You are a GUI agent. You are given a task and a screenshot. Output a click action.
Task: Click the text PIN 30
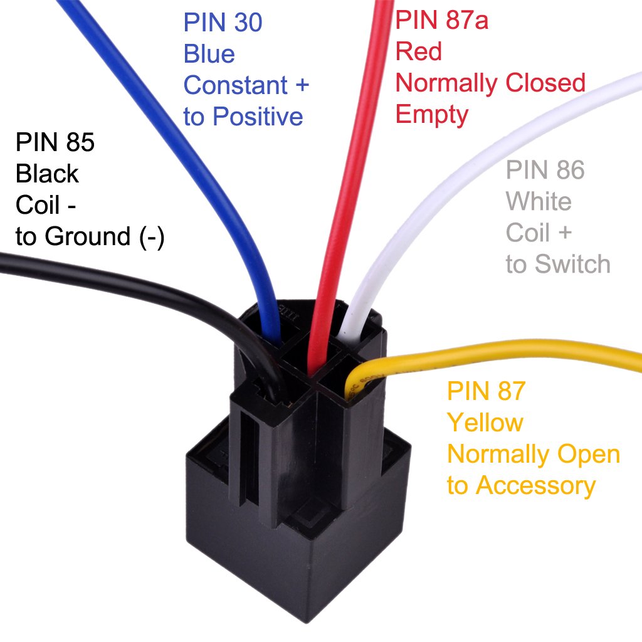coord(223,23)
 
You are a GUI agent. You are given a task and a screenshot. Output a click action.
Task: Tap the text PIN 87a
coord(441,20)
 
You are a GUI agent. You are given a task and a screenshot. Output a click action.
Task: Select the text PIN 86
coord(545,170)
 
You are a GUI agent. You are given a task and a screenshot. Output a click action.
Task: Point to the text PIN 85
coord(55,143)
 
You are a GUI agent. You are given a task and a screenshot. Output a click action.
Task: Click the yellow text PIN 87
coord(485,391)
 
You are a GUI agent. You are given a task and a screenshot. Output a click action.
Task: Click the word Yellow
coord(485,423)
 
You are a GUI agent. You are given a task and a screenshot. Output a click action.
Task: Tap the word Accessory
coord(535,485)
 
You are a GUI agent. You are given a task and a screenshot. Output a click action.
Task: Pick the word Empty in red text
coord(432,115)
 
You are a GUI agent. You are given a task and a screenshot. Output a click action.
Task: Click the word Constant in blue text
coord(234,85)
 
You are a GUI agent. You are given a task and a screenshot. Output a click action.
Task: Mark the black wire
coord(125,276)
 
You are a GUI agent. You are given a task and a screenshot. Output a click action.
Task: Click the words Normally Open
coord(534,454)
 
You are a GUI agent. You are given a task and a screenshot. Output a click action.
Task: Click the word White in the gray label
coord(539,202)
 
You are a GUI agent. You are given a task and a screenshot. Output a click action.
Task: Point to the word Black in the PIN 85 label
coord(47,174)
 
